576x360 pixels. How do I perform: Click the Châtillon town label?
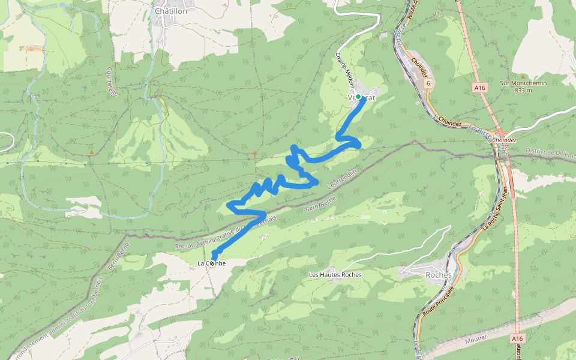[171, 11]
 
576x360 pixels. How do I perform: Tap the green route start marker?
[358, 97]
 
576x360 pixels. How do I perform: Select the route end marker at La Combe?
[212, 263]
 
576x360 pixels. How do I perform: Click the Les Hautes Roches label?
[335, 275]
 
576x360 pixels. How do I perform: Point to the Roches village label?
[438, 275]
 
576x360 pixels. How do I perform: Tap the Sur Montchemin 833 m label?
[523, 86]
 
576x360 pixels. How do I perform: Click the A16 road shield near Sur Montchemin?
[479, 88]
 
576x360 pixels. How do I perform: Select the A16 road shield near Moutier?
[518, 339]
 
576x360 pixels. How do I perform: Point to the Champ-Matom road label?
[344, 70]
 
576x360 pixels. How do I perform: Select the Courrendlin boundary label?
[341, 179]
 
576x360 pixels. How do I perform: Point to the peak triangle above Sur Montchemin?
[523, 76]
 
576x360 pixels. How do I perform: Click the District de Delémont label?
[550, 152]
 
